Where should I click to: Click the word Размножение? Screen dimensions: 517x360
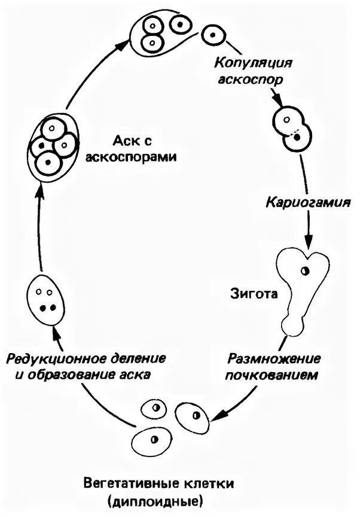[274, 360]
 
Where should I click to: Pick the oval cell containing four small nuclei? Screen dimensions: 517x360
[45, 299]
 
